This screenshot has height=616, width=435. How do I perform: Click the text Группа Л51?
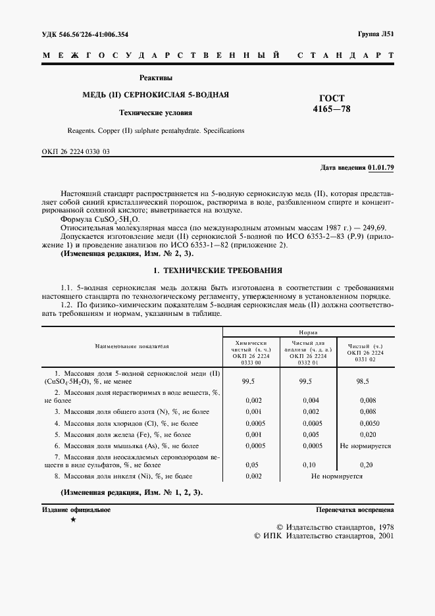pyautogui.click(x=376, y=33)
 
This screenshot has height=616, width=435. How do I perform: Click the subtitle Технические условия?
pyautogui.click(x=155, y=112)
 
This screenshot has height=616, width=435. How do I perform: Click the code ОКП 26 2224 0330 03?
pyautogui.click(x=76, y=153)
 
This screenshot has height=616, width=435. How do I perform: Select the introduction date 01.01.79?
pyautogui.click(x=381, y=168)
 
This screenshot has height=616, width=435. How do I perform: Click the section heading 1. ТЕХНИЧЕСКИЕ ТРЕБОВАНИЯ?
pyautogui.click(x=217, y=270)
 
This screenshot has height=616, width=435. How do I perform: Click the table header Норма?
pyautogui.click(x=309, y=333)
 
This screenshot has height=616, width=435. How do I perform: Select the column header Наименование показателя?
pyautogui.click(x=132, y=345)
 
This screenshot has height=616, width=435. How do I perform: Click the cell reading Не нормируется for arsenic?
pyautogui.click(x=365, y=446)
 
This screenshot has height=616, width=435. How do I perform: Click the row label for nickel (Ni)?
pyautogui.click(x=123, y=475)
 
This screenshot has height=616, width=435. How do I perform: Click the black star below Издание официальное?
pyautogui.click(x=73, y=521)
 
